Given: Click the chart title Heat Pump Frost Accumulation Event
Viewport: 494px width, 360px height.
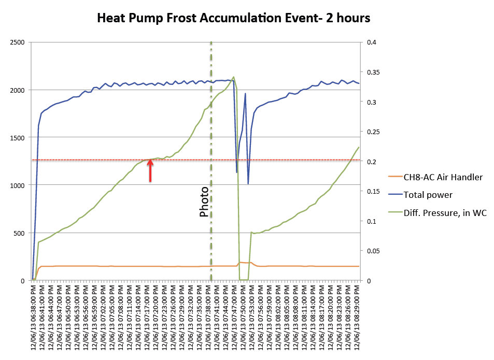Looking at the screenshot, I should tap(234, 18).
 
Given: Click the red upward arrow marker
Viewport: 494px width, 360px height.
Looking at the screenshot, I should tap(150, 170).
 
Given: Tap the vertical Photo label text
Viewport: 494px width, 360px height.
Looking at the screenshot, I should tap(205, 201).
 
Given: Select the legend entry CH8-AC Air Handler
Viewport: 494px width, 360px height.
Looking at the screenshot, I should tap(443, 177).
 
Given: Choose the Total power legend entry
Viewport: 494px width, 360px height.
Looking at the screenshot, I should tap(428, 195).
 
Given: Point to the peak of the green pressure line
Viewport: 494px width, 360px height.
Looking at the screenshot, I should tap(233, 77).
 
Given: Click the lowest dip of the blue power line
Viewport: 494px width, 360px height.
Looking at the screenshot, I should tap(248, 183).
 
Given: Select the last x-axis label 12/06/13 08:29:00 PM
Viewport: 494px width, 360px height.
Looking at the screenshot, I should tap(358, 316).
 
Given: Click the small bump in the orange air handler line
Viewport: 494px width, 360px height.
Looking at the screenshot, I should tap(244, 263).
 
